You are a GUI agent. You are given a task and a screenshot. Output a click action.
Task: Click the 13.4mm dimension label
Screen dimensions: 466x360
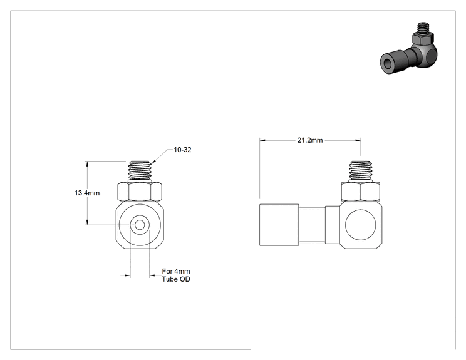point(87,193)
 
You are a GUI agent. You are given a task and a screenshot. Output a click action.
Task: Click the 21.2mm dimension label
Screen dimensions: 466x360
point(310,140)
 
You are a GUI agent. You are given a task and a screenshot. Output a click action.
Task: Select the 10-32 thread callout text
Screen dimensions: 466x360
point(182,150)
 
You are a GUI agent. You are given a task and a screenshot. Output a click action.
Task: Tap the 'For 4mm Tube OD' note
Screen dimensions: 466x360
point(176,275)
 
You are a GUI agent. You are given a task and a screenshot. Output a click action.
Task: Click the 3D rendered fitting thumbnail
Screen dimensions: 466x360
point(409,48)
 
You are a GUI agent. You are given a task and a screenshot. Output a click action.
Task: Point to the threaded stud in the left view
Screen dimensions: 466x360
point(140,171)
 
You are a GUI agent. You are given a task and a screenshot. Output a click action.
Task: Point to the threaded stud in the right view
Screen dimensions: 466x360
point(361,171)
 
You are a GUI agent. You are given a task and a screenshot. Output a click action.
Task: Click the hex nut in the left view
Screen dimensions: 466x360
point(140,192)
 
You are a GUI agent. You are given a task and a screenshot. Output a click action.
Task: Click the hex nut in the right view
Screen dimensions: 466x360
point(361,192)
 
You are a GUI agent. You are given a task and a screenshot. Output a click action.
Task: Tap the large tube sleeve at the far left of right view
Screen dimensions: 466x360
point(279,225)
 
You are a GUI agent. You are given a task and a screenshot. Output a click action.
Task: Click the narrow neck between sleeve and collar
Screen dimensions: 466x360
point(312,225)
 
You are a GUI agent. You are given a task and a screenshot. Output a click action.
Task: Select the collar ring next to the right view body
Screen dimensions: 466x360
point(332,225)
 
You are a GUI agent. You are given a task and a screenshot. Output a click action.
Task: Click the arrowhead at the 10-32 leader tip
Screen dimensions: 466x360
point(152,163)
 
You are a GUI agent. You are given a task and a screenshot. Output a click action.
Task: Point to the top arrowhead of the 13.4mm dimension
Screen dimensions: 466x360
point(87,163)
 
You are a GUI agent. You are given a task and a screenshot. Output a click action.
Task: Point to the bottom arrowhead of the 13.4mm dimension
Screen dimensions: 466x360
point(87,222)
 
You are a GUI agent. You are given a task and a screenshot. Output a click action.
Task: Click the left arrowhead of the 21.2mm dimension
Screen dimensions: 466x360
point(262,140)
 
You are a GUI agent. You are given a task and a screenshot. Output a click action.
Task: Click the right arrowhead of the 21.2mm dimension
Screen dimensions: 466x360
point(358,140)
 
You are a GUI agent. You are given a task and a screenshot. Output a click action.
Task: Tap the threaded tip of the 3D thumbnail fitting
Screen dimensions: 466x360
point(423,28)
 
